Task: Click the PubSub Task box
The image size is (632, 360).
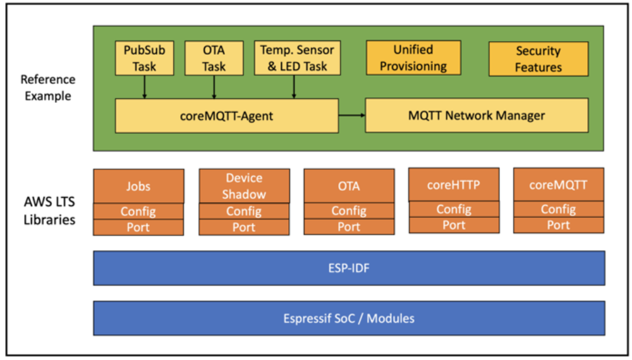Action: [144, 58]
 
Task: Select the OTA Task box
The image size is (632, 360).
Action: [214, 58]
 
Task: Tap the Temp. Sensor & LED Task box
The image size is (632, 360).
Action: [298, 58]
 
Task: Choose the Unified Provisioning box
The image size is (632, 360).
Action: [413, 57]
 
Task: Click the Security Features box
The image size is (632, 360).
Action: [538, 59]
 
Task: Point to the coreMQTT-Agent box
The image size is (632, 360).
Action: [227, 116]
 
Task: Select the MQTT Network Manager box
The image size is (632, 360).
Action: [477, 116]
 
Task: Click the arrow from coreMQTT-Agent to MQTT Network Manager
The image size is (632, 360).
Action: [352, 116]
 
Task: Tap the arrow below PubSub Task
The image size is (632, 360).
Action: [144, 87]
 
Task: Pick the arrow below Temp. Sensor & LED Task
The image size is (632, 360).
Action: [294, 87]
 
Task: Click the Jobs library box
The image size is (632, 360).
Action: [138, 186]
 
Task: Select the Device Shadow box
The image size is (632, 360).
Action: [244, 186]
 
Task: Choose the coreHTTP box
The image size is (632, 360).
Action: [454, 185]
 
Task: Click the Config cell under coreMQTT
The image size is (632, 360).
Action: [559, 209]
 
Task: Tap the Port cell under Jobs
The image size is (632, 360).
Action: [138, 227]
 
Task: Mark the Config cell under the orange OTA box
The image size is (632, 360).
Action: [349, 210]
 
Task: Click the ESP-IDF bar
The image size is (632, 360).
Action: [349, 268]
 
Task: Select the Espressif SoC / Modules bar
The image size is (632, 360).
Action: [349, 318]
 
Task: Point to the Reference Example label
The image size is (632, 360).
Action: [48, 88]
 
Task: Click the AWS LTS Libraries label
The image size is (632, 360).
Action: [49, 210]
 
